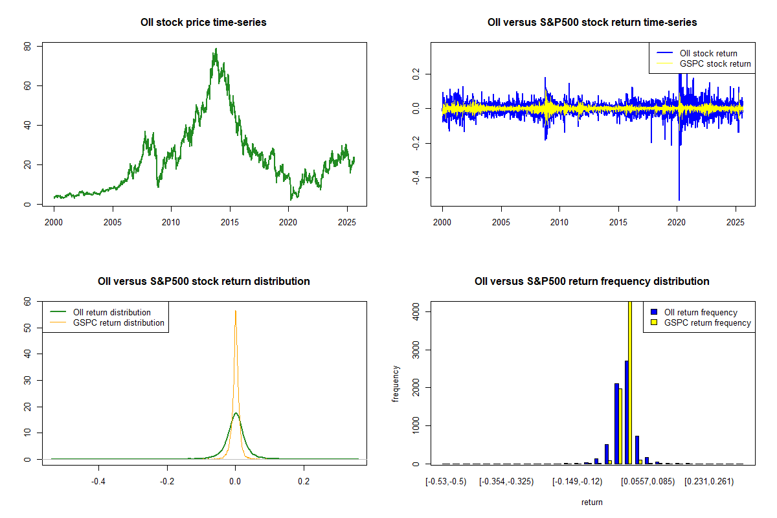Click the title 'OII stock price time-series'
tap(203, 23)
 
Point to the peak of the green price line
tap(216, 49)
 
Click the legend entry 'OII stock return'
tap(708, 53)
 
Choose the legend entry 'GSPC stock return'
tap(715, 63)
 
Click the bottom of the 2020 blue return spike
tap(679, 199)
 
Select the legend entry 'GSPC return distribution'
tap(118, 322)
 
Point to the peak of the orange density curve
tap(235, 311)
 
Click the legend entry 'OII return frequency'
tap(701, 312)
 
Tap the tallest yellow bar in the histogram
tap(630, 382)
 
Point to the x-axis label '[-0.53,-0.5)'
tap(445, 482)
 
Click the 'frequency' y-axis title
tap(396, 384)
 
